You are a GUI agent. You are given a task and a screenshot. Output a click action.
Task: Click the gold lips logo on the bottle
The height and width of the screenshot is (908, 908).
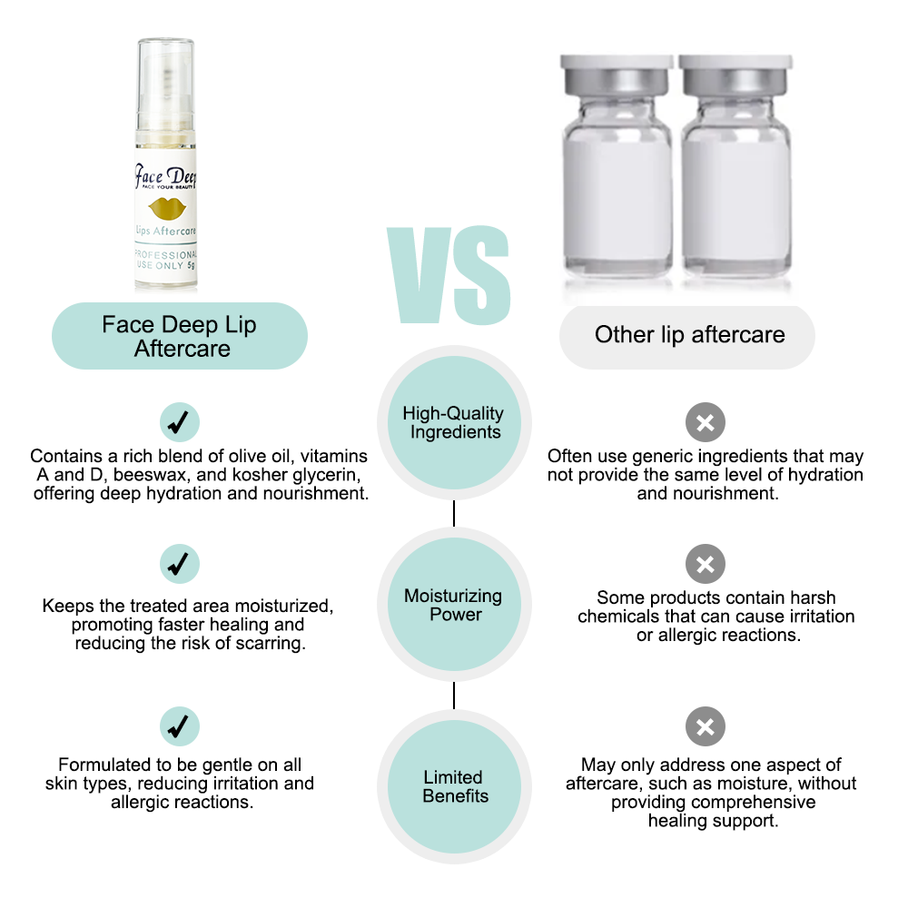pos(167,208)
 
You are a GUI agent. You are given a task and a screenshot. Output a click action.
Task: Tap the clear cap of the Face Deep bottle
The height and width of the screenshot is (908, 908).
pos(165,84)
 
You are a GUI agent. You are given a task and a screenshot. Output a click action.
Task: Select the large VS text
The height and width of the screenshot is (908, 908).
pos(449,275)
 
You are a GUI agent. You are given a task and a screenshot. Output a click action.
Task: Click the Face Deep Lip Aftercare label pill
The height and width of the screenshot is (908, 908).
pos(180,336)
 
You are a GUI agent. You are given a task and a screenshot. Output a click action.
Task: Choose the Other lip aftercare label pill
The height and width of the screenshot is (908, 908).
pos(687,337)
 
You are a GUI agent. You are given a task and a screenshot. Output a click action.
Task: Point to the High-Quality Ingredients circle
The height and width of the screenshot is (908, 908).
pos(454,423)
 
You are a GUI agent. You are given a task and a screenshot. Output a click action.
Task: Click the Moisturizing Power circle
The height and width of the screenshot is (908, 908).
pos(454,605)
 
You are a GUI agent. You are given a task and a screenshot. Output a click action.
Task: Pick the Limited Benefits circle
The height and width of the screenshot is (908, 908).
pos(454,786)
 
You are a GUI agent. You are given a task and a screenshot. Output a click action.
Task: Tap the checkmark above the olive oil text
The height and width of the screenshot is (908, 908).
pos(180,422)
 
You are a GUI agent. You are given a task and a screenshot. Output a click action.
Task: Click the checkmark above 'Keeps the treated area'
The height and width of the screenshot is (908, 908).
pos(180,564)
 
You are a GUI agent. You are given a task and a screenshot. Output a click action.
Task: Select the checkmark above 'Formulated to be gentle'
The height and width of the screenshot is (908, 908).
pos(180,726)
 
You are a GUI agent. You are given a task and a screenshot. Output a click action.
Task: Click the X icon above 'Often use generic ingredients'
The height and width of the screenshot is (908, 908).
pos(706,422)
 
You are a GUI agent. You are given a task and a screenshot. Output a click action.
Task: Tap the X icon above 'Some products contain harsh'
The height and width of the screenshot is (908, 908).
pos(706,564)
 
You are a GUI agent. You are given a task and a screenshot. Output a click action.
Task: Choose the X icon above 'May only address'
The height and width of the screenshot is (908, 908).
pos(706,726)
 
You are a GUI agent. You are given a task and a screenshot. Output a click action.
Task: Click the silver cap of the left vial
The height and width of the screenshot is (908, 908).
pos(617,76)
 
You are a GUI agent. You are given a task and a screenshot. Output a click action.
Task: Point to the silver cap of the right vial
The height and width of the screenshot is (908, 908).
pos(735,76)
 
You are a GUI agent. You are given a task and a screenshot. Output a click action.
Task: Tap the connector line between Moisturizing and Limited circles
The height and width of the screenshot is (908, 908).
pos(454,696)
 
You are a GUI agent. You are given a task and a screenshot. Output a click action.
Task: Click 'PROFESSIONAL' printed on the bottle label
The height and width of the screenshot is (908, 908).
pos(166,255)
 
